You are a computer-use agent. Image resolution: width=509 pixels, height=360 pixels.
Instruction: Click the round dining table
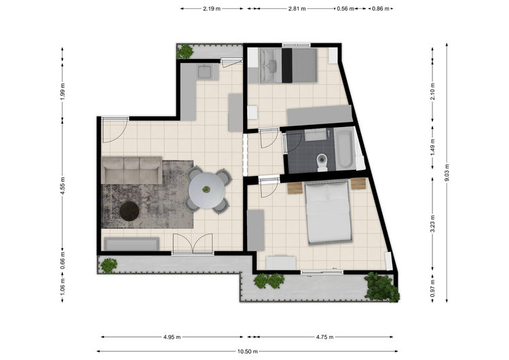point(206,191)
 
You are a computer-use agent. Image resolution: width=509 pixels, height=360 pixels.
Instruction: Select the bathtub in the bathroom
point(345,149)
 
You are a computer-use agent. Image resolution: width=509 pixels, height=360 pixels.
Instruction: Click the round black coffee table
point(129,211)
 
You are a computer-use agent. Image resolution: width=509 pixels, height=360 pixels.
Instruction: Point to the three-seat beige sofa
point(132,170)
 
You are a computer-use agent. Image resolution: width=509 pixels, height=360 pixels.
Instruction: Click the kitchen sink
point(205,71)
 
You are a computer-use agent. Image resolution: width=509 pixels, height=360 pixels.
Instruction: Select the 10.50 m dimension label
point(247,351)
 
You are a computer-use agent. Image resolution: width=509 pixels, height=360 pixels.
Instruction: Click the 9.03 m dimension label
point(447,173)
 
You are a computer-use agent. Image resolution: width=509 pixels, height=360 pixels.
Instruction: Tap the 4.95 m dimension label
point(172,337)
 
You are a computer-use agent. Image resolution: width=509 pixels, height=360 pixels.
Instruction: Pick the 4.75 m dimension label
point(324,337)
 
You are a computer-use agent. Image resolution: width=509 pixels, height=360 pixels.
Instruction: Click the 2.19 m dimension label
point(212,9)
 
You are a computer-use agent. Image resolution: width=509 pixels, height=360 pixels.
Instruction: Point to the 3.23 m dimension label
point(432,224)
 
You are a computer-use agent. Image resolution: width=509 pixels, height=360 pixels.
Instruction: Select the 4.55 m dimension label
point(62,185)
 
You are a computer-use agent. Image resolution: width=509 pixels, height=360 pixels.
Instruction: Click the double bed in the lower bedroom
point(328,212)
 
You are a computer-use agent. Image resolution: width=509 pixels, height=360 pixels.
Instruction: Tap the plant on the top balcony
point(185,52)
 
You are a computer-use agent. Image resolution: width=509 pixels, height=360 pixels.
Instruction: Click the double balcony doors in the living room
point(193,243)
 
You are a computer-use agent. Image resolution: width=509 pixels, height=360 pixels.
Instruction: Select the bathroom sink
point(315,134)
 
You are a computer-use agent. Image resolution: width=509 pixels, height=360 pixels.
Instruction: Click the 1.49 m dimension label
point(432,147)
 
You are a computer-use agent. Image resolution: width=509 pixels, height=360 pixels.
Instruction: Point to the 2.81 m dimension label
point(297,9)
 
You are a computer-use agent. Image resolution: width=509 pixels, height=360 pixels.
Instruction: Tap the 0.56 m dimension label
point(345,9)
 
